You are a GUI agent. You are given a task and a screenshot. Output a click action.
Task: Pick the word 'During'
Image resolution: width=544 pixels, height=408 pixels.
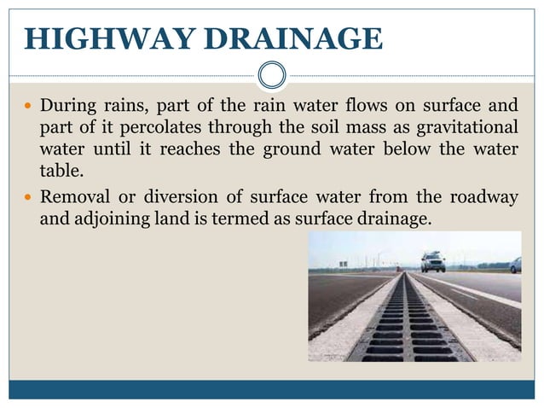(x=67, y=108)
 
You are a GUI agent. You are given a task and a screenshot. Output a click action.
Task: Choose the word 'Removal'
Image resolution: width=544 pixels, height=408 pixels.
(x=76, y=197)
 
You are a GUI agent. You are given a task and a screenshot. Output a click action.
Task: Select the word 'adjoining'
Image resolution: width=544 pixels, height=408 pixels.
(x=113, y=219)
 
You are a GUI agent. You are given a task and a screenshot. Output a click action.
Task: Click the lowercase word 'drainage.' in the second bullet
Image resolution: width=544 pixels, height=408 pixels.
(x=395, y=219)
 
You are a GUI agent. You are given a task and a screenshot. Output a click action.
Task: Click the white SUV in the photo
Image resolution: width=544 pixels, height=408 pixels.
(x=432, y=261)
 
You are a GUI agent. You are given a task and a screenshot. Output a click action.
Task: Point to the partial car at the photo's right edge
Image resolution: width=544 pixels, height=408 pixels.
(x=515, y=265)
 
